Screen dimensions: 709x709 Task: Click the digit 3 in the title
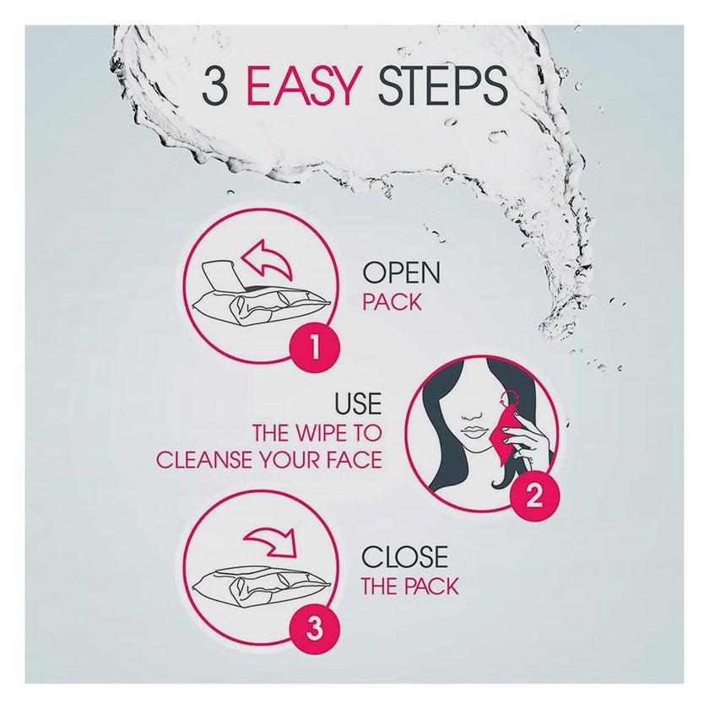pyautogui.click(x=214, y=85)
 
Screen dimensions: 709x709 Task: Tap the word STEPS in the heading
pyautogui.click(x=442, y=85)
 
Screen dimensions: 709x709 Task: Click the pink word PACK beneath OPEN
pyautogui.click(x=392, y=302)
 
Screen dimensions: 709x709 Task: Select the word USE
pyautogui.click(x=358, y=403)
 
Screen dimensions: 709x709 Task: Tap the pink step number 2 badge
pyautogui.click(x=534, y=497)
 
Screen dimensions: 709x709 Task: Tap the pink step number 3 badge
pyautogui.click(x=314, y=628)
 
